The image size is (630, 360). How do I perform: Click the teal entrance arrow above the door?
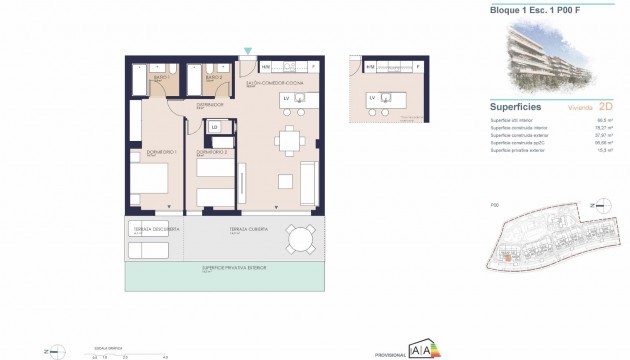248,50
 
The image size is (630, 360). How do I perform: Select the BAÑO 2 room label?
211,78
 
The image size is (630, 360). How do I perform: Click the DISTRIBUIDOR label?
209,103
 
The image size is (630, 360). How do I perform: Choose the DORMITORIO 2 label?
211,152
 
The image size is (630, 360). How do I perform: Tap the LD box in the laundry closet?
214,126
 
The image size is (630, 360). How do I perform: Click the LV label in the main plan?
287,98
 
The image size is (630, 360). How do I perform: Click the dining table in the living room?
289,141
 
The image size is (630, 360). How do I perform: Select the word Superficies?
516,105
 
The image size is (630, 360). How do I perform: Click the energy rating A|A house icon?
418,348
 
